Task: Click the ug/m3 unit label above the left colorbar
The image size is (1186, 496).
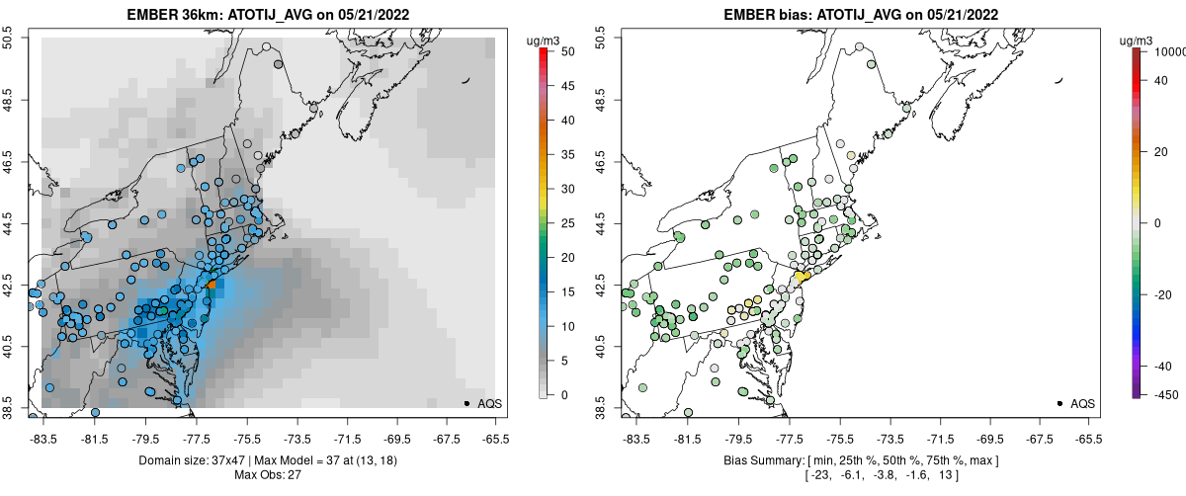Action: click(545, 41)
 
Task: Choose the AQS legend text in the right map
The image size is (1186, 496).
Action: click(1082, 403)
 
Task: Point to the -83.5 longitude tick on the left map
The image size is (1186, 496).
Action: click(42, 438)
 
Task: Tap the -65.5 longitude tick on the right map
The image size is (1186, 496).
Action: click(1088, 438)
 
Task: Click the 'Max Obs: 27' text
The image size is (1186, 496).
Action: click(268, 475)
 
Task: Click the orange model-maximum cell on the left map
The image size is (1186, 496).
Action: click(212, 283)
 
